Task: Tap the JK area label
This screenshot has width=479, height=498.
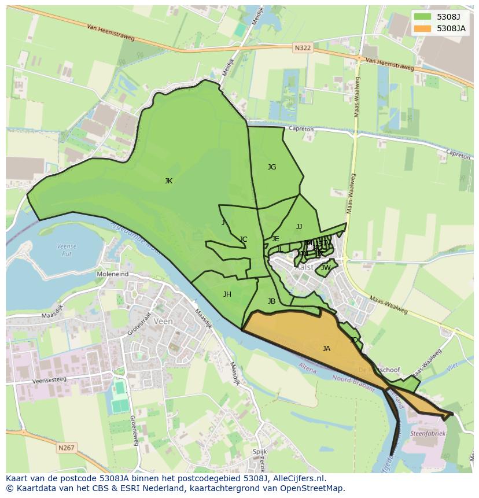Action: pos(168,181)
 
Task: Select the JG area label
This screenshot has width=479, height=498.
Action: pos(272,167)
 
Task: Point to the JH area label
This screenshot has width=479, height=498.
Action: pos(227,294)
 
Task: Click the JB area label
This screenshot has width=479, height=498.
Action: pos(271,301)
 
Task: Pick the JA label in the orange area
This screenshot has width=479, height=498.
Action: pos(326,349)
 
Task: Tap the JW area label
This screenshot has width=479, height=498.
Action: pos(326,268)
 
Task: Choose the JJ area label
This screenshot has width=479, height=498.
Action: pos(299,227)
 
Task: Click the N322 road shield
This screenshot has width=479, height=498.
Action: pos(303,48)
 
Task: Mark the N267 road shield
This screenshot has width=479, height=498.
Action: pos(66,448)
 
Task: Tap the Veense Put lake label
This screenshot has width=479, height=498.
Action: pos(67,250)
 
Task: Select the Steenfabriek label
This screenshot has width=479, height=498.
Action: pos(428,433)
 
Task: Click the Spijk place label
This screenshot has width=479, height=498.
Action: pos(260,452)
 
